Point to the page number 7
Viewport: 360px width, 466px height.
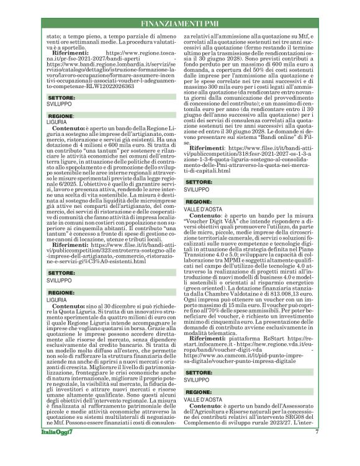point(317,449)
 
